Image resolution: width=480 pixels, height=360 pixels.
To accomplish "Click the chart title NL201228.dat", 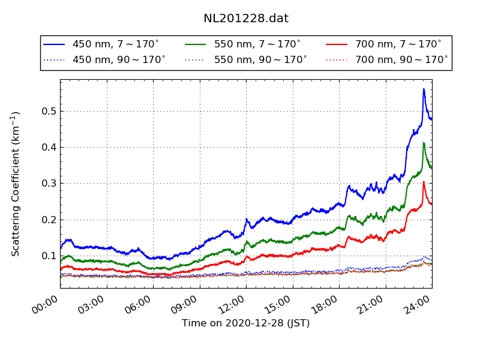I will [246, 19].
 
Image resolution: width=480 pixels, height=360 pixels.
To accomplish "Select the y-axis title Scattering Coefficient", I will [16, 184].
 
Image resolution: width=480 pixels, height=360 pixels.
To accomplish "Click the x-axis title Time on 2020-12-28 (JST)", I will [246, 323].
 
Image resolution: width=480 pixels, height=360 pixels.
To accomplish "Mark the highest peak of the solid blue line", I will [424, 89].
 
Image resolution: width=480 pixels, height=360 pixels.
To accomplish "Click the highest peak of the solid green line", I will [424, 143].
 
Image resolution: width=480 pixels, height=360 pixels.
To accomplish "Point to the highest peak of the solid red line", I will [424, 182].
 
